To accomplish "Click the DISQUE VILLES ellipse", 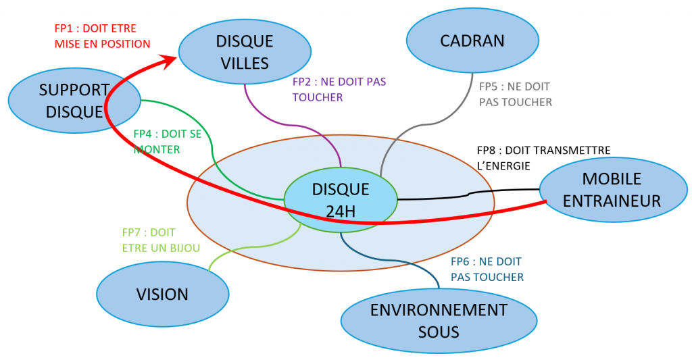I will click(245, 52).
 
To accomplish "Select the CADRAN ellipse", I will click(472, 41).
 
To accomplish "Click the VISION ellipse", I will click(162, 294).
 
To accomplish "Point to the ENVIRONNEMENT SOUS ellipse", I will click(439, 321).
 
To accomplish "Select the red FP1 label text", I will click(101, 36).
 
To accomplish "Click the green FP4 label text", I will click(167, 141).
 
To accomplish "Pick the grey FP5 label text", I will click(515, 95).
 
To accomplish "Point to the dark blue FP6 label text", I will click(487, 269).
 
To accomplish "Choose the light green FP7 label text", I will click(161, 240).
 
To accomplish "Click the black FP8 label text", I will click(543, 157).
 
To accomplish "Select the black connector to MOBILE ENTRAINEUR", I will click(466, 195).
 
